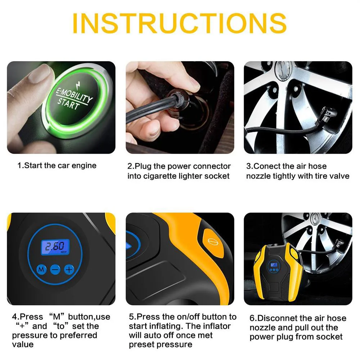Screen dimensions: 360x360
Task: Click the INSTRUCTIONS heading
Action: pos(180,23)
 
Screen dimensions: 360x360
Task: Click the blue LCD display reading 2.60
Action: pos(55,247)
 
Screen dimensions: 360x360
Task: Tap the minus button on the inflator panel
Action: pos(55,269)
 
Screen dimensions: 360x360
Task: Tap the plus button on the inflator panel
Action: pos(69,269)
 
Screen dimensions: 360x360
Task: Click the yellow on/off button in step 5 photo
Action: pos(213,242)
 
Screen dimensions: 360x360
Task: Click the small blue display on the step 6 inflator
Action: pos(274,265)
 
